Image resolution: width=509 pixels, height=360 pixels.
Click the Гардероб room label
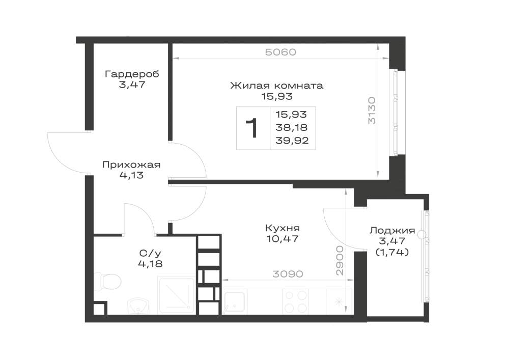pyautogui.click(x=132, y=74)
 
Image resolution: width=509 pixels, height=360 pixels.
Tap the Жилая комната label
pyautogui.click(x=277, y=86)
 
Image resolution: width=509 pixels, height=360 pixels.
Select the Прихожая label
pyautogui.click(x=131, y=165)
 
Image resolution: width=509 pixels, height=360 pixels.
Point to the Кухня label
pyautogui.click(x=282, y=228)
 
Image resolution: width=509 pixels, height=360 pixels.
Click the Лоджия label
pyautogui.click(x=392, y=231)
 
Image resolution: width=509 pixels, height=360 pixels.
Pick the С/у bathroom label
pyautogui.click(x=150, y=253)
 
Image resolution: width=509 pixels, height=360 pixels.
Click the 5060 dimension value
pyautogui.click(x=281, y=52)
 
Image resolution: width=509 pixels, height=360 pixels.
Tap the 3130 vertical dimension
pyautogui.click(x=372, y=110)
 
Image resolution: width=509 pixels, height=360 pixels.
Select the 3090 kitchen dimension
pyautogui.click(x=288, y=274)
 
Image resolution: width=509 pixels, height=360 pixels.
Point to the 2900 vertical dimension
pyautogui.click(x=340, y=261)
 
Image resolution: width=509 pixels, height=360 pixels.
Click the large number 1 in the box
pyautogui.click(x=252, y=128)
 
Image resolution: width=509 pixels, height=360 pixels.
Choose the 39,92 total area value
pyautogui.click(x=292, y=141)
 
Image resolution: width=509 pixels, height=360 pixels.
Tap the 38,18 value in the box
pyautogui.click(x=292, y=128)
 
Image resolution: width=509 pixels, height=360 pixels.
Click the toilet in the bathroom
pyautogui.click(x=108, y=281)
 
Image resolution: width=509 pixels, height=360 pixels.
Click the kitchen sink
pyautogui.click(x=234, y=302)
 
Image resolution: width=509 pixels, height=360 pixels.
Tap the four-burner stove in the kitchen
pyautogui.click(x=296, y=301)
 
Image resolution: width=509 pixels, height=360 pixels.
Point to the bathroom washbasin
pyautogui.click(x=138, y=307)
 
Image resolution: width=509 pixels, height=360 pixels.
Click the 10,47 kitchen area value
pyautogui.click(x=282, y=239)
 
